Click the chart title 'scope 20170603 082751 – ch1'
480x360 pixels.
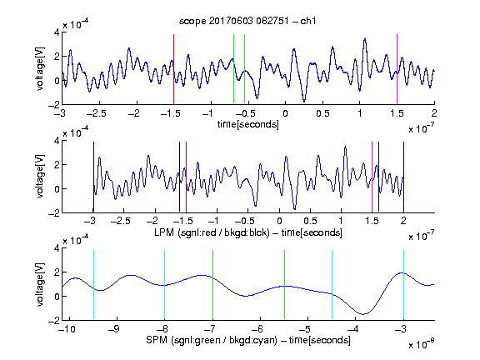tap(247, 21)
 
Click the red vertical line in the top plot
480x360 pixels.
tap(174, 69)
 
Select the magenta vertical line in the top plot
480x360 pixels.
tap(397, 69)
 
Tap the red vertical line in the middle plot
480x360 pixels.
tap(186, 177)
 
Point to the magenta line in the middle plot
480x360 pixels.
tap(372, 177)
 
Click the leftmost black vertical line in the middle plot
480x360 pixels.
tap(93, 177)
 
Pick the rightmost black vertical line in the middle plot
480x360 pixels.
tap(403, 177)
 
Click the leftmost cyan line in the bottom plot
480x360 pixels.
tap(93, 285)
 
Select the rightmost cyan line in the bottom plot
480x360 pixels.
tap(403, 285)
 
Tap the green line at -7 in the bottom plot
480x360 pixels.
tap(212, 285)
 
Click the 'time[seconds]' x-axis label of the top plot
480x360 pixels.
tap(248, 125)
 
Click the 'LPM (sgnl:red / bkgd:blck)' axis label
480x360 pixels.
tap(212, 233)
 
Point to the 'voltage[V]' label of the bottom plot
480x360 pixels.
tap(40, 284)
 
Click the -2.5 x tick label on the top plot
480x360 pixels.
tap(96, 113)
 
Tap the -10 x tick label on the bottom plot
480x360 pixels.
tap(67, 329)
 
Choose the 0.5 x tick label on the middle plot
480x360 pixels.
tap(310, 221)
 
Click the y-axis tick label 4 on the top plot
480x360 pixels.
tap(57, 32)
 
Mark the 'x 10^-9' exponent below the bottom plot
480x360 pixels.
tap(421, 343)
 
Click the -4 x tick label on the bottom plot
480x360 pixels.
tap(353, 329)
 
